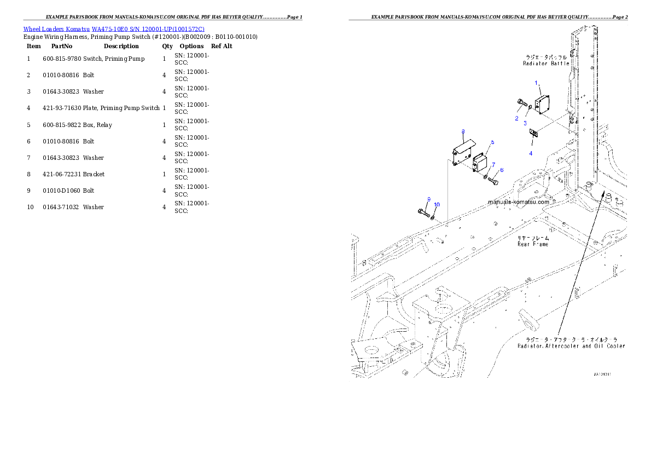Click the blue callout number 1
point(537,83)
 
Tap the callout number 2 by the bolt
point(516,118)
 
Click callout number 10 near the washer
point(436,204)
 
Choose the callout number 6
point(501,170)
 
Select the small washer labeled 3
point(530,107)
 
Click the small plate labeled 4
point(533,132)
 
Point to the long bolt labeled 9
point(424,211)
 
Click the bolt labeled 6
point(493,181)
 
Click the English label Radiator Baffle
point(546,64)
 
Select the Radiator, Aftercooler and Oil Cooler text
point(571,346)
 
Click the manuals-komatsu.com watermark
point(519,201)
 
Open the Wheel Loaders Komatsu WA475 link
point(114,29)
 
